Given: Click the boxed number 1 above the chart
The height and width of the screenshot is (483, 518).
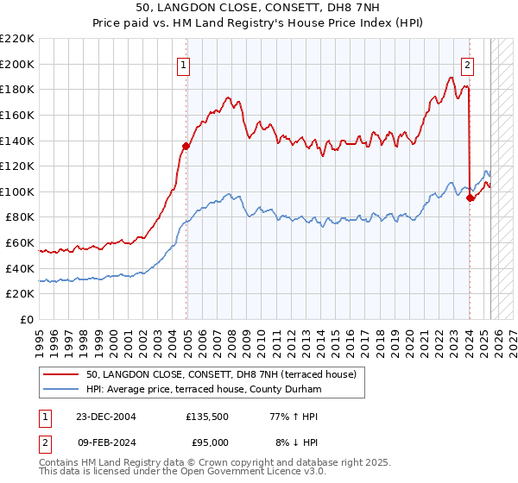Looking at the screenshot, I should [186, 63].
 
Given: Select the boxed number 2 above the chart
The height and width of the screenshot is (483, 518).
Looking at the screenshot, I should [467, 63].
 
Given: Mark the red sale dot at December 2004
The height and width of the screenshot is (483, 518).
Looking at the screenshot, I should [186, 146].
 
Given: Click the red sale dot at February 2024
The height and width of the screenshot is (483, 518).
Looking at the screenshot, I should [471, 198].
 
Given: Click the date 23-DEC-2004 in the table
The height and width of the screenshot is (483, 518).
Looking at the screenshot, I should [106, 417].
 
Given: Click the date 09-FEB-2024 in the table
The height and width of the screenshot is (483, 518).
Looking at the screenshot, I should [105, 442].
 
